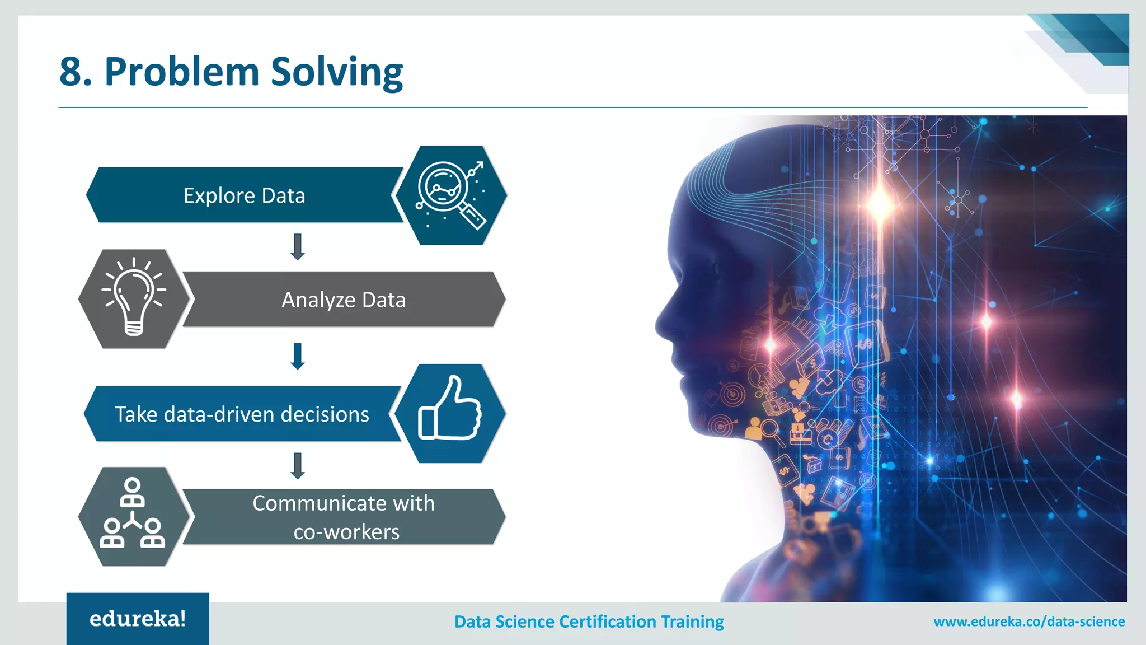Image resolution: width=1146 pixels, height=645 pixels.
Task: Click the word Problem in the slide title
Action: tap(181, 72)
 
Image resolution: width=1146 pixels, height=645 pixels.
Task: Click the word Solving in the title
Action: tap(337, 72)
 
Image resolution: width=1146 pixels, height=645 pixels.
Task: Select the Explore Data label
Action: tap(245, 195)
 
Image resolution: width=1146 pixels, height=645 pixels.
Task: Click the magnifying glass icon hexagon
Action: tap(450, 195)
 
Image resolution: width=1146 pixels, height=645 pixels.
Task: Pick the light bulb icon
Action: tap(134, 298)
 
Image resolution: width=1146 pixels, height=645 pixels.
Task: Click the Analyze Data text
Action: tap(343, 300)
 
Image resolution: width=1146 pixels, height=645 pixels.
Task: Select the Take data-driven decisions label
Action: tap(242, 414)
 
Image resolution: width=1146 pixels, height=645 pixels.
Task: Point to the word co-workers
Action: tap(346, 531)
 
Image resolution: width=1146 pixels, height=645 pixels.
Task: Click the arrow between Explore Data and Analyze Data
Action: tap(298, 247)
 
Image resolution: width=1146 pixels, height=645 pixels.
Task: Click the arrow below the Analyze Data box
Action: tap(298, 356)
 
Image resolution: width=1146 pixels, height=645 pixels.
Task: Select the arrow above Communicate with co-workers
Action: tap(298, 465)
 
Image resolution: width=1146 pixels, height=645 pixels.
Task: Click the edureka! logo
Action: tap(138, 619)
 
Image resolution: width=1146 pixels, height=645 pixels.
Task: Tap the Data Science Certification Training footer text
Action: tap(589, 621)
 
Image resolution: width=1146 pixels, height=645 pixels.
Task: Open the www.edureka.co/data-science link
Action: tap(1028, 621)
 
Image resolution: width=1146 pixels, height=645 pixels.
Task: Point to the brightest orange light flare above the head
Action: tap(879, 203)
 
